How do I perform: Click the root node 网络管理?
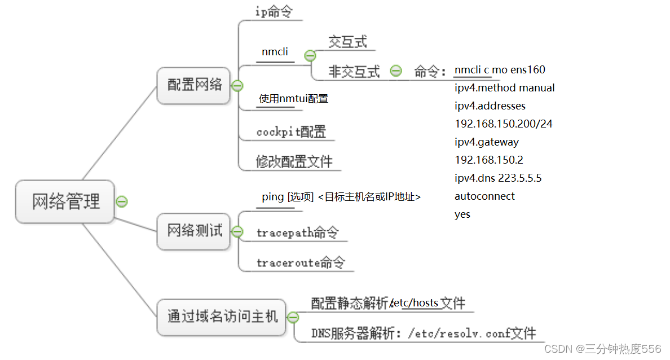pyautogui.click(x=65, y=201)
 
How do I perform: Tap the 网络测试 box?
pyautogui.click(x=194, y=231)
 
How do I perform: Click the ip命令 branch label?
pyautogui.click(x=274, y=12)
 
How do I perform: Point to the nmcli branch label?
pyautogui.click(x=275, y=52)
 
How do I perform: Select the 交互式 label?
pyautogui.click(x=347, y=42)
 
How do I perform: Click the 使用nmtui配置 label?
pyautogui.click(x=293, y=99)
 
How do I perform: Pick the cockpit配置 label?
pyautogui.click(x=291, y=132)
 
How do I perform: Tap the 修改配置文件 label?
pyautogui.click(x=294, y=162)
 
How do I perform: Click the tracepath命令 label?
pyautogui.click(x=297, y=232)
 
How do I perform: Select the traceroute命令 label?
pyautogui.click(x=300, y=262)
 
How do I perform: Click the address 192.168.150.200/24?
pyautogui.click(x=504, y=124)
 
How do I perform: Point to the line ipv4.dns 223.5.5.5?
pyautogui.click(x=498, y=178)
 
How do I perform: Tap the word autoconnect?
pyautogui.click(x=484, y=196)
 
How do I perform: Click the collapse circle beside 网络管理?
pyautogui.click(x=121, y=201)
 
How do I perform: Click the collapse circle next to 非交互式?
pyautogui.click(x=396, y=71)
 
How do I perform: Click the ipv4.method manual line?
pyautogui.click(x=505, y=87)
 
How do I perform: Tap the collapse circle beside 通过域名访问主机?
pyautogui.click(x=293, y=317)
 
